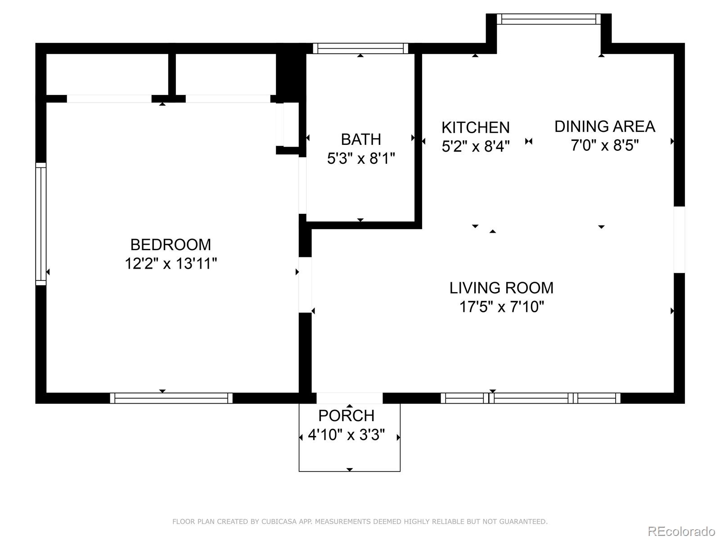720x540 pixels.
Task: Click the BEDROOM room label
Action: (171, 245)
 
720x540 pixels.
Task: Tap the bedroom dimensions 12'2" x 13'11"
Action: (171, 263)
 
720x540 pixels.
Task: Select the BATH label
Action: (361, 139)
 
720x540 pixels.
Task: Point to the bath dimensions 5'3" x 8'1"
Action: (361, 158)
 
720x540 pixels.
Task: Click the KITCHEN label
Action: (476, 127)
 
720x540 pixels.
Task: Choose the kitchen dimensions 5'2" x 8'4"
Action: (476, 146)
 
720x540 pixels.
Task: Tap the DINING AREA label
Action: (604, 126)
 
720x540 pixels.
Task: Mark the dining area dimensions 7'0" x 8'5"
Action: (605, 145)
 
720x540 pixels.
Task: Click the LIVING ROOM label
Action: (501, 288)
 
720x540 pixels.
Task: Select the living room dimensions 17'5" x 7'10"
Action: (502, 307)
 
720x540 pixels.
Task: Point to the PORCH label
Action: (346, 416)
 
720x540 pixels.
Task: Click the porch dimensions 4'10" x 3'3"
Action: (346, 435)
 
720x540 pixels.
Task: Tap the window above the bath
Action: (360, 49)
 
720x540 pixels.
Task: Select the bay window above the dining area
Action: (549, 19)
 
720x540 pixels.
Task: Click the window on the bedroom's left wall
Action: (41, 224)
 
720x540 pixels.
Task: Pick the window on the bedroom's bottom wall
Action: (171, 398)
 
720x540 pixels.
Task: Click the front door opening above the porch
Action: (349, 398)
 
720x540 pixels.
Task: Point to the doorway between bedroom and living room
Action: (305, 285)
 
